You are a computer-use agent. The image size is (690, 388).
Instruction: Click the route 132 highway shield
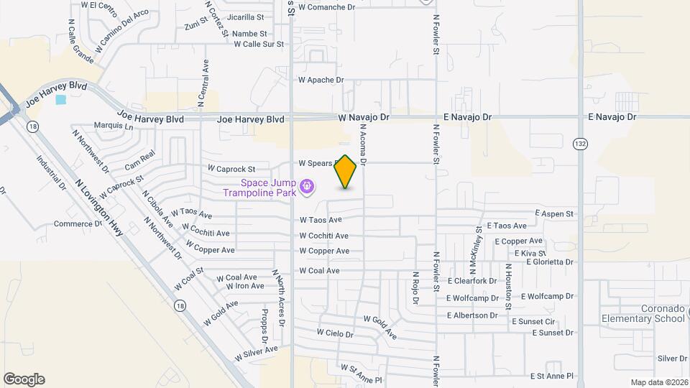[x=580, y=144]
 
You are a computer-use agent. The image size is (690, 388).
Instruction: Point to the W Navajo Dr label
[x=364, y=116]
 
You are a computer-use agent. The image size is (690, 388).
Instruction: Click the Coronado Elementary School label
[x=643, y=313]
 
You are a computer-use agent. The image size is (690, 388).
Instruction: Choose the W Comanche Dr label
[x=327, y=7]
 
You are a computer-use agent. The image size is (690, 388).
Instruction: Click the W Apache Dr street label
[x=321, y=80]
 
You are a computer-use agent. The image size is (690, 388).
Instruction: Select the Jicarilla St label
[x=244, y=17]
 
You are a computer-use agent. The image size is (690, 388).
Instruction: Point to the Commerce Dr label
[x=78, y=223]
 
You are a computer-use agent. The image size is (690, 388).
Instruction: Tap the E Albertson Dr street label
[x=472, y=315]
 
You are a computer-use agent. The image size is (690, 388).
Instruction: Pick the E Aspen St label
[x=554, y=214]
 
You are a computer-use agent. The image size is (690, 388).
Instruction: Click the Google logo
[x=24, y=379]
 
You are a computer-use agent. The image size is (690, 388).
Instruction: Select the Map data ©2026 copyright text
[x=659, y=382]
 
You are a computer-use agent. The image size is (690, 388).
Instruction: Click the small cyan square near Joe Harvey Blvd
[x=60, y=100]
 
